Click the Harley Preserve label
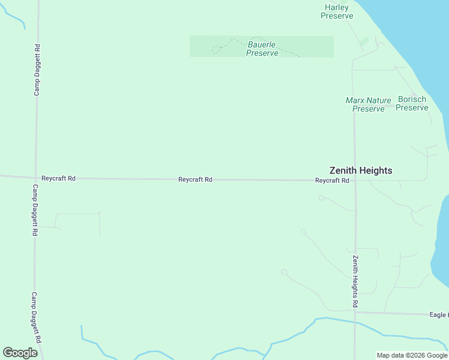(x=336, y=11)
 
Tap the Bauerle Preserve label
(x=262, y=49)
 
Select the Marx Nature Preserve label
(x=368, y=104)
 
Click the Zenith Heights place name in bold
(x=361, y=170)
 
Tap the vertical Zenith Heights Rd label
(x=355, y=278)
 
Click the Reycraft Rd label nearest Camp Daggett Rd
(x=58, y=178)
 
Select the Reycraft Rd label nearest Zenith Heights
(x=332, y=180)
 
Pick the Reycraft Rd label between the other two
(x=195, y=179)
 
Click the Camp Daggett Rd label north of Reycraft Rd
(x=37, y=70)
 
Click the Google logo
(x=20, y=353)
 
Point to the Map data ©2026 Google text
(x=412, y=355)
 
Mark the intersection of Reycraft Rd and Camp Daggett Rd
(x=36, y=178)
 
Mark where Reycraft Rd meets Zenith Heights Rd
(x=355, y=180)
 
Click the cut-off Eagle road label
(x=439, y=314)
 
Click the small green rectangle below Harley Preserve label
(x=364, y=43)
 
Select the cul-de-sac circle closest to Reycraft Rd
(x=321, y=197)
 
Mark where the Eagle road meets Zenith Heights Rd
(x=355, y=311)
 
